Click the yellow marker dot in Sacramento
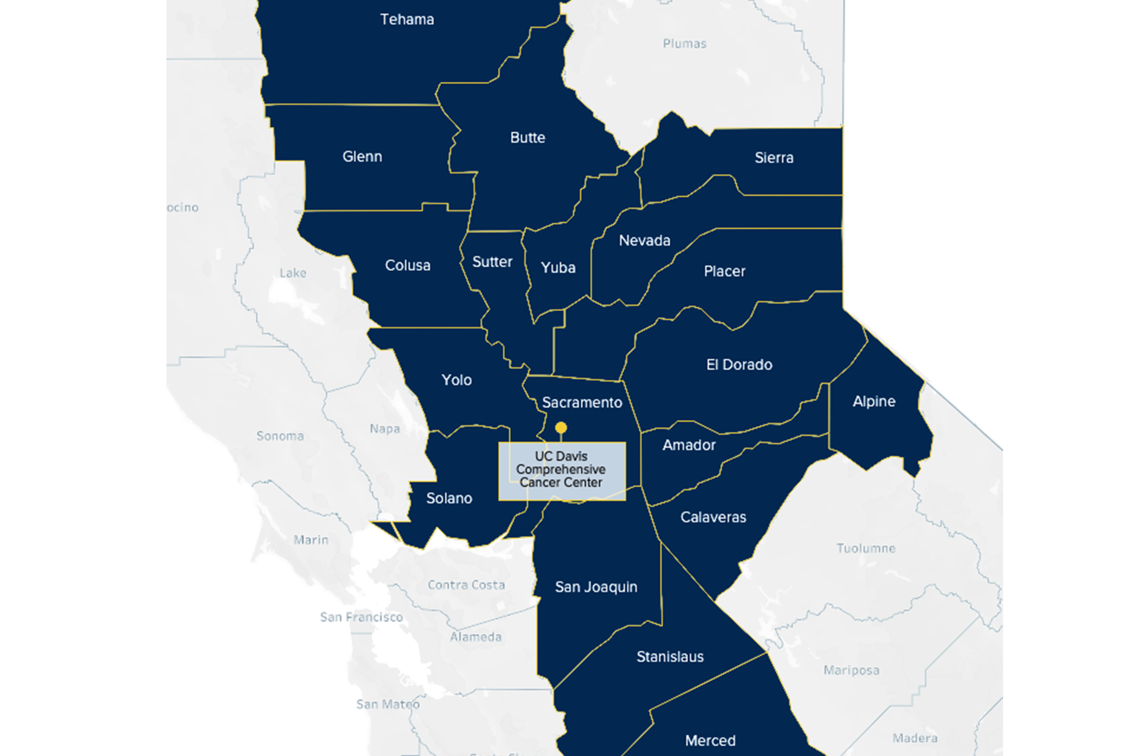(x=561, y=428)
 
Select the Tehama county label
(x=407, y=20)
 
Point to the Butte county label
(x=527, y=138)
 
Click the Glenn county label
(x=362, y=157)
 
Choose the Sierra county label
(x=774, y=158)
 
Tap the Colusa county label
(x=407, y=265)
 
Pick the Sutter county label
(x=492, y=262)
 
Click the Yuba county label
(x=558, y=267)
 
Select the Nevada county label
(x=644, y=241)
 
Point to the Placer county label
(x=724, y=272)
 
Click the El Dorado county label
(x=739, y=365)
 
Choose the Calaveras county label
(x=713, y=517)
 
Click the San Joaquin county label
(x=596, y=587)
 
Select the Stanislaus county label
(x=670, y=657)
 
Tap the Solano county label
(x=449, y=498)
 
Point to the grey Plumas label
(x=685, y=44)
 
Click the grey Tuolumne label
(x=866, y=548)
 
